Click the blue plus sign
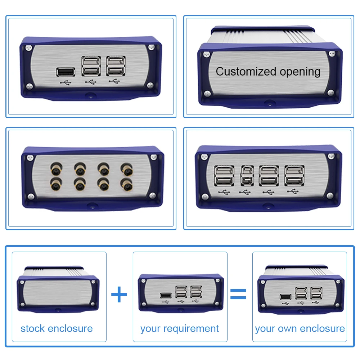(x=119, y=295)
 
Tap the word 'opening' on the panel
(x=299, y=72)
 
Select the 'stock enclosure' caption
(x=57, y=329)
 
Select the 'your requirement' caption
(x=180, y=329)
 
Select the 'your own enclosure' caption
(x=300, y=329)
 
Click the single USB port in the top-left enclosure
(x=66, y=72)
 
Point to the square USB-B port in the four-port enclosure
(x=247, y=175)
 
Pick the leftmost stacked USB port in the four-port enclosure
(x=224, y=175)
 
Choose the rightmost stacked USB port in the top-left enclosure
(x=116, y=66)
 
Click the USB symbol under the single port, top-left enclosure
(x=66, y=83)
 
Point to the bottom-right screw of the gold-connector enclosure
(x=152, y=196)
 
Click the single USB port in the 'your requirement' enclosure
(x=165, y=295)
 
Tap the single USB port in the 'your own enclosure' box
(x=285, y=297)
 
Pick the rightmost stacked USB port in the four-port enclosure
(x=294, y=175)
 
